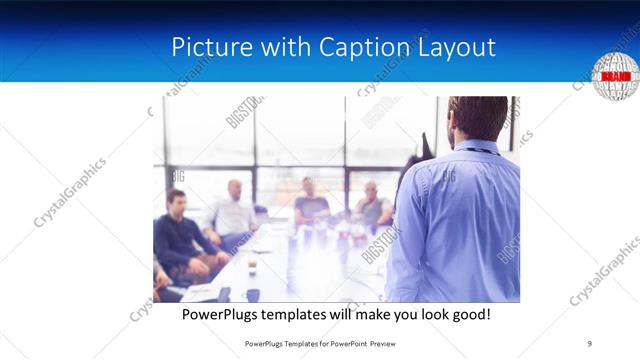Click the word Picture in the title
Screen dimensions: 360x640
pos(204,48)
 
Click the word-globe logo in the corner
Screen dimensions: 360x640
pos(614,76)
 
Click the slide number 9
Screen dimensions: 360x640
pos(590,343)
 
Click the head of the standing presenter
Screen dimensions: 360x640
pos(476,118)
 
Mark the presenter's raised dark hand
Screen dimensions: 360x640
pos(425,148)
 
